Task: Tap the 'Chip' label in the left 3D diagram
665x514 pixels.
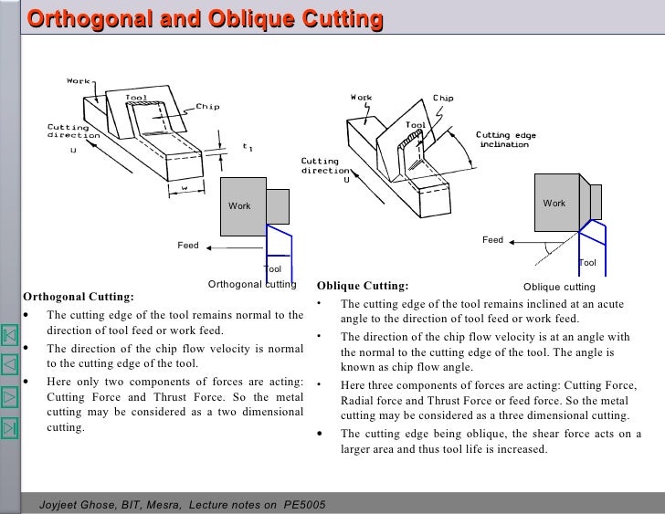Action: coord(207,106)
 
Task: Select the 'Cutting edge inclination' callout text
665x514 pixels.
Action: coord(506,140)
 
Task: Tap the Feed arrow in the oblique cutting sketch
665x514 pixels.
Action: coord(530,242)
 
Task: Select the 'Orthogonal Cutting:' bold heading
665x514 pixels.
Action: coord(78,297)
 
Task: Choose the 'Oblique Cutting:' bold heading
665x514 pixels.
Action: coord(364,285)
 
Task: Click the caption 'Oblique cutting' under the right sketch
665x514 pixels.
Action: coord(559,287)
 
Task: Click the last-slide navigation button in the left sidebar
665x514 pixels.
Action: coord(10,426)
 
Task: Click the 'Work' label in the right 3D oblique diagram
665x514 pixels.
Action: coord(362,97)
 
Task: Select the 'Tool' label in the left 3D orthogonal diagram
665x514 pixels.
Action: coord(135,97)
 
